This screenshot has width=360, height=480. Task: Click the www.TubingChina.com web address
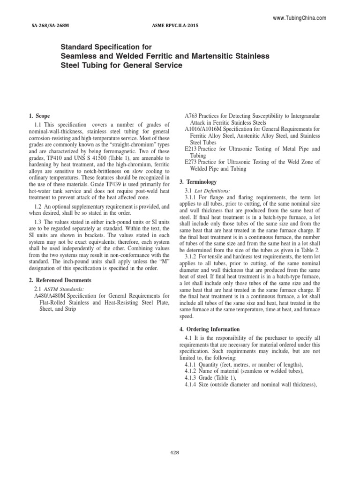click(299, 18)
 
